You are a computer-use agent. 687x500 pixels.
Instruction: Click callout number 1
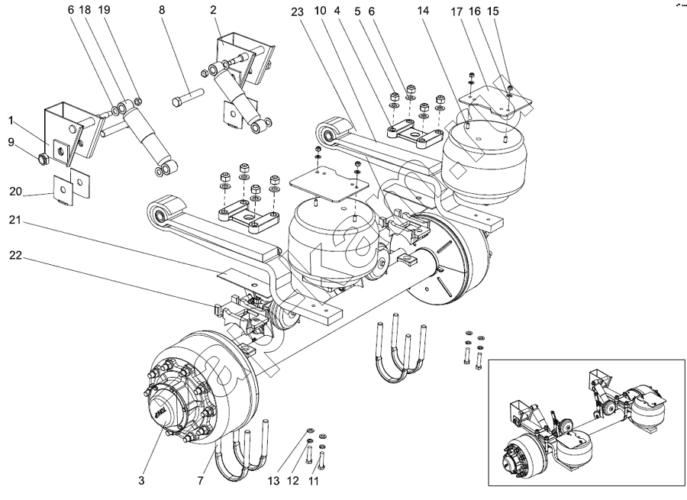click(x=11, y=120)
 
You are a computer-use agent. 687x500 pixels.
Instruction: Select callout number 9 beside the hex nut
click(x=11, y=142)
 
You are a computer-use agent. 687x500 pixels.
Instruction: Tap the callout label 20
click(x=15, y=192)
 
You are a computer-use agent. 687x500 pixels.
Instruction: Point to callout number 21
click(x=15, y=221)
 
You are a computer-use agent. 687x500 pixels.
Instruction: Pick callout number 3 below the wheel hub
click(x=141, y=481)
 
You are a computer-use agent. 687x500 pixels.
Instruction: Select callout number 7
click(x=202, y=481)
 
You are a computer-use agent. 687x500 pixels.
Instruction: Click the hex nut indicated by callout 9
click(x=44, y=159)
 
